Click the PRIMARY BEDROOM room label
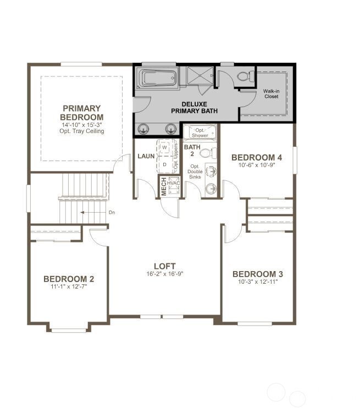(81, 113)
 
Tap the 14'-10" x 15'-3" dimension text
(81, 125)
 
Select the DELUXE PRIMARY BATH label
(194, 107)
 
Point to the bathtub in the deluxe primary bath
(158, 78)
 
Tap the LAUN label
(146, 156)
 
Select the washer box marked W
(165, 148)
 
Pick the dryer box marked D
(165, 164)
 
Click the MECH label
(163, 187)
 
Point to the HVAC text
(174, 183)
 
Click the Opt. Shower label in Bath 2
(196, 132)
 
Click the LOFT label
(164, 266)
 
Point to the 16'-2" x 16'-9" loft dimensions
(164, 274)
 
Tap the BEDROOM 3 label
(258, 274)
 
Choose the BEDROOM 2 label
(69, 279)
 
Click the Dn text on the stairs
(112, 212)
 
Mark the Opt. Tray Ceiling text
(81, 131)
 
